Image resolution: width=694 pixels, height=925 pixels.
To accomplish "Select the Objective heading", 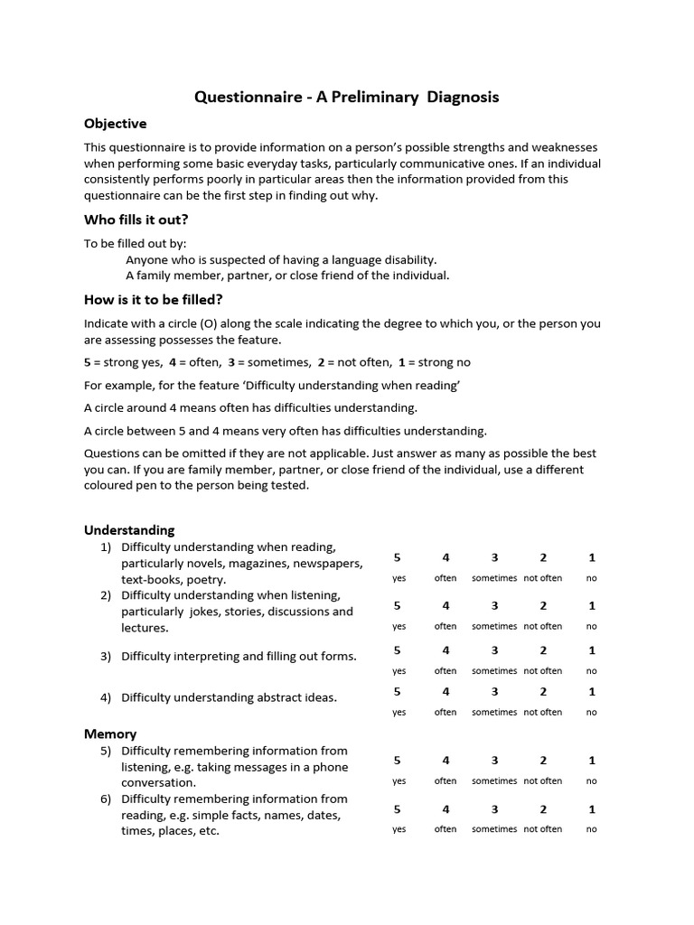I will click(x=115, y=124).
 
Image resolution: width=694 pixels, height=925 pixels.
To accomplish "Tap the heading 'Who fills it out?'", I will click(x=136, y=220).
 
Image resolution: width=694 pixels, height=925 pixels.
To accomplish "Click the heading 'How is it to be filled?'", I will click(x=153, y=300).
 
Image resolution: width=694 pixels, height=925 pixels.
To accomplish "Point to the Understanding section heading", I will click(x=129, y=530).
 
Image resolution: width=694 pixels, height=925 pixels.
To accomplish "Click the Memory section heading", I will click(x=110, y=734).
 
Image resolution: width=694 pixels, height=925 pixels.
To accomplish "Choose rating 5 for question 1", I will click(x=398, y=557).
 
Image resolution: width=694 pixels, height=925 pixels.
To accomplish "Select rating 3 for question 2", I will click(x=494, y=605).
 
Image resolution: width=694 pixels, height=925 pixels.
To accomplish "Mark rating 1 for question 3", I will click(x=591, y=650).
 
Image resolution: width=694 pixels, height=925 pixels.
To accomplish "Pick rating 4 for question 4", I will click(x=445, y=692).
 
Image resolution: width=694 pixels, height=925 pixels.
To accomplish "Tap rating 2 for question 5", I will click(x=543, y=761).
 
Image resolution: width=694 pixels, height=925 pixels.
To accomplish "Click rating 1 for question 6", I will click(x=591, y=808).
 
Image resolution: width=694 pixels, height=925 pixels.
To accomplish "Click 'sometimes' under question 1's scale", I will click(x=494, y=578).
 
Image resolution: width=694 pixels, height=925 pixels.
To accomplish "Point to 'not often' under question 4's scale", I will click(x=543, y=712).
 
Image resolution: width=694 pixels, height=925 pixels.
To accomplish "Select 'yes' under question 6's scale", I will click(x=399, y=829).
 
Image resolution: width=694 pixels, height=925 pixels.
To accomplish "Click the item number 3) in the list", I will click(x=106, y=657).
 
